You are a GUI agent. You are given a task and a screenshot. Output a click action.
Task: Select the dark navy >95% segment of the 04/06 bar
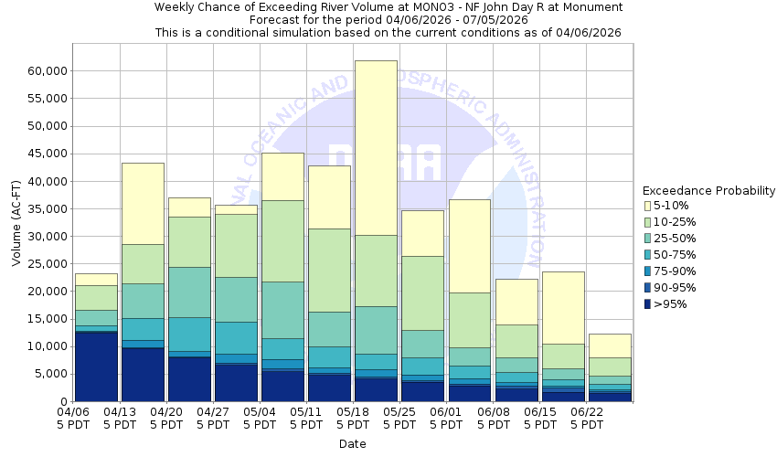click(x=96, y=367)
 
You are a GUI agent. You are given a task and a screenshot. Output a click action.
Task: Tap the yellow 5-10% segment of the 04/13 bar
click(x=143, y=203)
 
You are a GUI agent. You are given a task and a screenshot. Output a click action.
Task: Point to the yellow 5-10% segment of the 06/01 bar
click(x=469, y=246)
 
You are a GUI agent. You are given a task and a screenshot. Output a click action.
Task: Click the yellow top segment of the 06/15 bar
click(x=562, y=307)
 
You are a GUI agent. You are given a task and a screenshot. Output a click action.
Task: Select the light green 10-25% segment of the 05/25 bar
click(x=422, y=292)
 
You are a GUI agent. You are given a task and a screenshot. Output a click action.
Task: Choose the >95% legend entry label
click(x=670, y=304)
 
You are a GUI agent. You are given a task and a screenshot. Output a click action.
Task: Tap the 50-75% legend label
click(x=676, y=255)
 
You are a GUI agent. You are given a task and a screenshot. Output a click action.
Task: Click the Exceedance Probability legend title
click(x=708, y=191)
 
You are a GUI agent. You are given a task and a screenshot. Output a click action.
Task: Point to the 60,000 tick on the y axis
click(x=45, y=71)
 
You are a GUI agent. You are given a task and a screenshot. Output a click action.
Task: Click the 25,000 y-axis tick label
click(x=45, y=264)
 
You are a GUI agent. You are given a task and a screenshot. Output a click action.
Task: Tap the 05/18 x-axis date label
click(x=353, y=418)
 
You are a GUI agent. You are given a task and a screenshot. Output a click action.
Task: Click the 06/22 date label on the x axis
click(x=586, y=418)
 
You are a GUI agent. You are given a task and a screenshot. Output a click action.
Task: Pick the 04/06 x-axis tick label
click(x=73, y=418)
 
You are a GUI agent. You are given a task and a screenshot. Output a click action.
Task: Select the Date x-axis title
click(x=352, y=444)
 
